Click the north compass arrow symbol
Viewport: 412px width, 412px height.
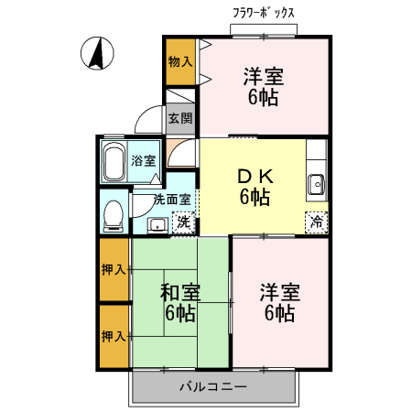pos(95,54)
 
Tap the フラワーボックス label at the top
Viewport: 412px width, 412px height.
pos(265,14)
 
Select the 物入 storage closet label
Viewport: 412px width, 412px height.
pos(179,61)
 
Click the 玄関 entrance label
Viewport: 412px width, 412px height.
pos(179,117)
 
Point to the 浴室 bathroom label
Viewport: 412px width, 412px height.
pos(143,160)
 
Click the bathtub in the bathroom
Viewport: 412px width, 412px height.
pos(114,161)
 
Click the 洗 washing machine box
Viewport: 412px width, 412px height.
pos(183,221)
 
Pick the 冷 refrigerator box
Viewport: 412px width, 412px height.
pos(316,220)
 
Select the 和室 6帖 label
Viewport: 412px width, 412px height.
pos(179,303)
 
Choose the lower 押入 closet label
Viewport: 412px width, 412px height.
pos(114,336)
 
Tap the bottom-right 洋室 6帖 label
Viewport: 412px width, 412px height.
pos(278,303)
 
